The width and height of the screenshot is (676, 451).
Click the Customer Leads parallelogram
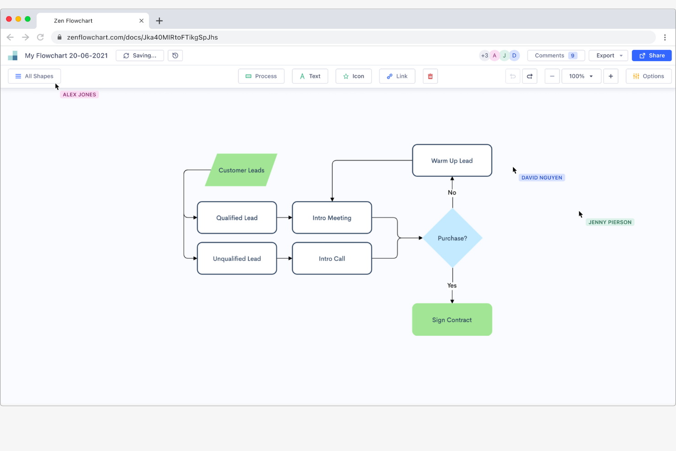[241, 170]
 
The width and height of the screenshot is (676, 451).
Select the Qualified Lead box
[237, 218]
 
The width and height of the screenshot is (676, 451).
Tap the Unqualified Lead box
[237, 258]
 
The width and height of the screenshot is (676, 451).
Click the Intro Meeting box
[332, 218]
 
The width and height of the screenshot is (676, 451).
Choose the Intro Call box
[332, 258]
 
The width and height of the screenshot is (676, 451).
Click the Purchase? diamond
[452, 238]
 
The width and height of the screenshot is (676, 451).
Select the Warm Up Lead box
[452, 160]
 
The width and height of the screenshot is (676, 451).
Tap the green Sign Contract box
[452, 319]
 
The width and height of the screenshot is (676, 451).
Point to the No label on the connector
[452, 192]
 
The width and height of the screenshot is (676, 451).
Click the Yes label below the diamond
[452, 285]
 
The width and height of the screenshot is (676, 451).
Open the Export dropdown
[608, 55]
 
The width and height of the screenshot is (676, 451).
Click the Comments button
[555, 55]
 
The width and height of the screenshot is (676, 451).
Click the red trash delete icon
[430, 76]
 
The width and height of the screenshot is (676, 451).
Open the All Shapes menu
[34, 76]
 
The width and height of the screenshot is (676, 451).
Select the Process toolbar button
[261, 76]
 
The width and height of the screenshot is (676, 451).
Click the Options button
[648, 76]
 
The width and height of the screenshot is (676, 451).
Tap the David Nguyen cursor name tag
[542, 178]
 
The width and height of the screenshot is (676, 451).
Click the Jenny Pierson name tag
[610, 222]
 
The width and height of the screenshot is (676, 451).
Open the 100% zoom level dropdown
[581, 76]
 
